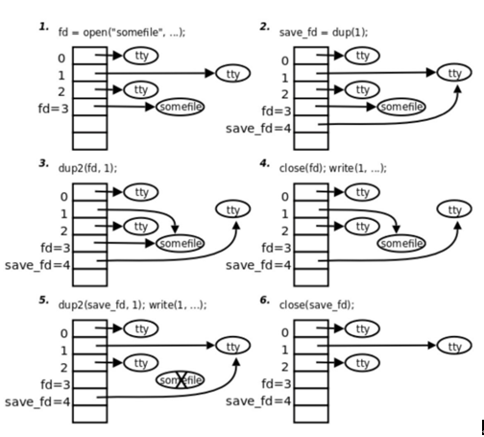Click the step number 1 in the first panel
[43, 29]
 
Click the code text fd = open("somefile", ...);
[122, 34]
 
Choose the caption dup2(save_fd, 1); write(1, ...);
[133, 305]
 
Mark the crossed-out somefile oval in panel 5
[180, 380]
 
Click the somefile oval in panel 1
[180, 106]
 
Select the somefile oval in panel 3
[180, 243]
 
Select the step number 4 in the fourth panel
[264, 165]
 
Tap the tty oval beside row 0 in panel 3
[141, 193]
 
